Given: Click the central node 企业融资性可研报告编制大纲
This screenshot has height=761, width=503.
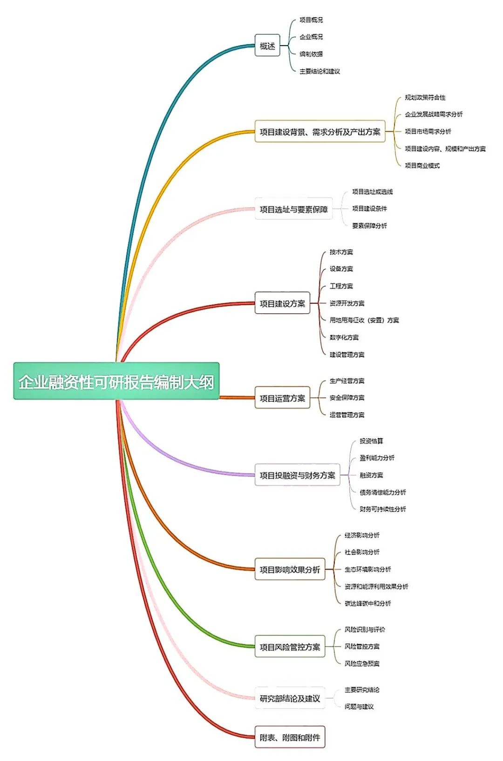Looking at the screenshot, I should (x=116, y=381).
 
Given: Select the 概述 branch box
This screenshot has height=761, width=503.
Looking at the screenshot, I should (x=267, y=46).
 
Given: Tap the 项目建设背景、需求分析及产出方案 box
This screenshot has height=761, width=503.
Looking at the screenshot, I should (x=319, y=132).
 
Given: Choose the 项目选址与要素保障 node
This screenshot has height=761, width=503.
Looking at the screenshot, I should (x=293, y=210).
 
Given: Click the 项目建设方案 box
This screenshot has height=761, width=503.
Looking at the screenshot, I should (x=282, y=304).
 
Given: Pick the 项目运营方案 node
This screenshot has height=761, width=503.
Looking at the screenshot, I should (x=282, y=398).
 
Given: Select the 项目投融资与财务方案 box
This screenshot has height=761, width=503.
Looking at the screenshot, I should (x=297, y=475).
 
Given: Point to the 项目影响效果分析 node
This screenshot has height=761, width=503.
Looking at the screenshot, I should (x=290, y=570).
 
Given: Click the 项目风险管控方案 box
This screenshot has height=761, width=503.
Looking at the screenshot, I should (x=290, y=647).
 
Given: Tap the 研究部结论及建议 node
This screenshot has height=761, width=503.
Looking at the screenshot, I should (x=290, y=698).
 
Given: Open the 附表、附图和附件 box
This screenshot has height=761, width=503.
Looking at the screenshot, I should (x=290, y=737).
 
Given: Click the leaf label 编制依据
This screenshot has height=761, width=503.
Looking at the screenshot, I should (x=311, y=54).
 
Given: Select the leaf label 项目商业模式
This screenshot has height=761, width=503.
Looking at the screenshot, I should (x=422, y=165).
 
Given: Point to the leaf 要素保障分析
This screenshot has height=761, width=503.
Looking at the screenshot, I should (x=369, y=226).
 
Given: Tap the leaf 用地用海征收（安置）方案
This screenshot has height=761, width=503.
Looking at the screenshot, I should (x=364, y=320).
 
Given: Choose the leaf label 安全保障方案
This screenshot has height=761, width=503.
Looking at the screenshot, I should (x=347, y=398).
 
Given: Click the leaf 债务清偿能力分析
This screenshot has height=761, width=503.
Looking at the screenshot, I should (x=383, y=492).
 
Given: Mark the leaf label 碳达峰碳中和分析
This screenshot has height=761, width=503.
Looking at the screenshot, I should (x=368, y=604).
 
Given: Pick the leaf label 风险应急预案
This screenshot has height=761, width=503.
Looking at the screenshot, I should (x=362, y=664).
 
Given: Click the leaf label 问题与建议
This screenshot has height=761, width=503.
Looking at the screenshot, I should (x=359, y=707).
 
